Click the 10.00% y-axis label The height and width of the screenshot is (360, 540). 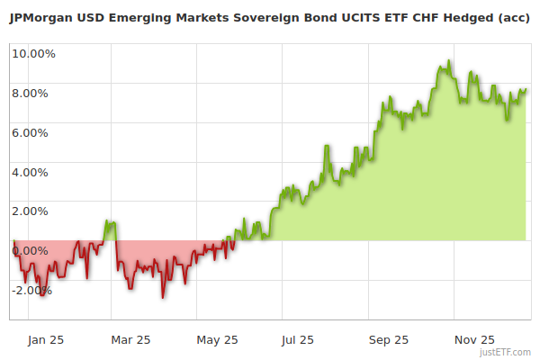(x=33, y=53)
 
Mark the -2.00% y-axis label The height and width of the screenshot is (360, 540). (x=33, y=291)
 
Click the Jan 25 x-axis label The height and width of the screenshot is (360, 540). (x=45, y=339)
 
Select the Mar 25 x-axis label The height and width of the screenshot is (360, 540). (x=130, y=339)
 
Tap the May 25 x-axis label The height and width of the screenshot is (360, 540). (x=217, y=339)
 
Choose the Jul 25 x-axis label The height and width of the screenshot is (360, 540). (x=298, y=339)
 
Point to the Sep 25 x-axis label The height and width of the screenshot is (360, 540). (x=388, y=339)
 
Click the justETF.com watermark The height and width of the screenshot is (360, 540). (x=506, y=353)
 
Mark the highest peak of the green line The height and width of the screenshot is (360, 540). (x=447, y=62)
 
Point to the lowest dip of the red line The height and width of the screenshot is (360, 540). (x=163, y=297)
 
